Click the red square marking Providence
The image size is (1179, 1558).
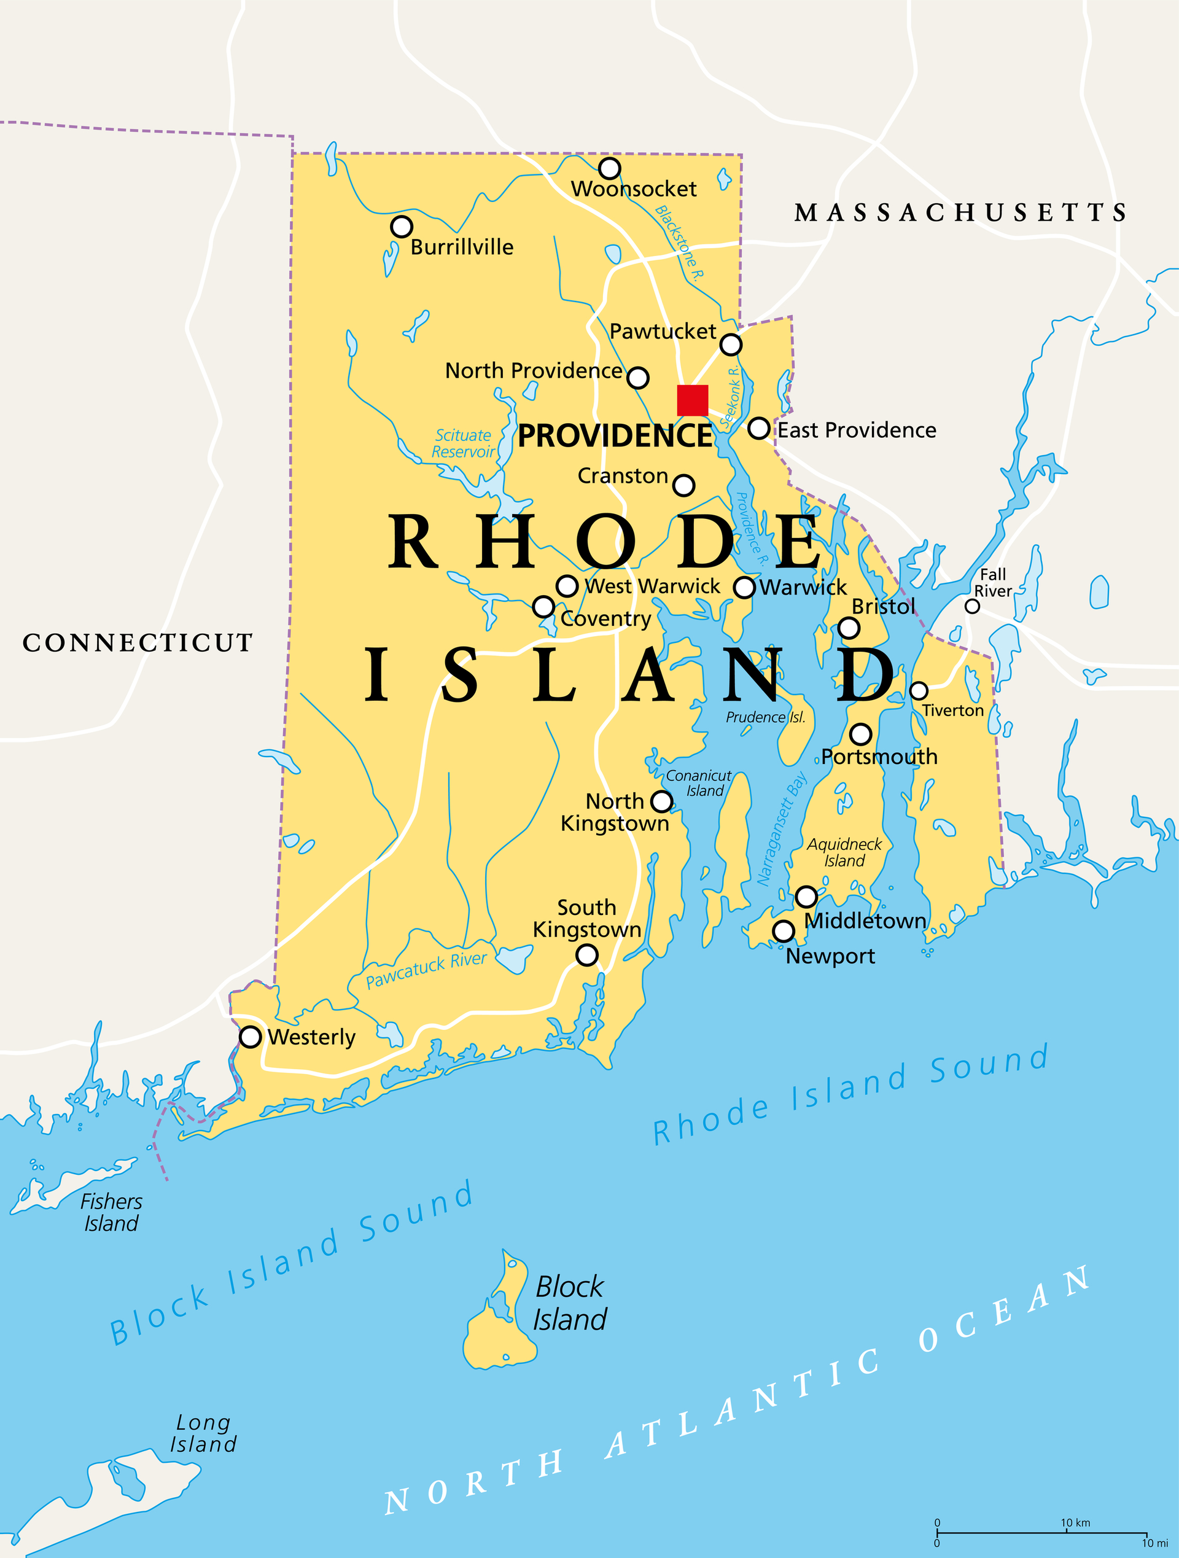click(x=692, y=400)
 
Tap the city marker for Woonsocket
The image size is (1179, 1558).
click(x=609, y=168)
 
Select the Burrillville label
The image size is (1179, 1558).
click(x=462, y=247)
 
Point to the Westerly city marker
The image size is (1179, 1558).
click(x=250, y=1037)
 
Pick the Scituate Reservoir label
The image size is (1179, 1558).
click(x=463, y=444)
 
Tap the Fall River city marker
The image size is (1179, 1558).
click(x=972, y=606)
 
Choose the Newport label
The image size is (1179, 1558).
click(x=830, y=957)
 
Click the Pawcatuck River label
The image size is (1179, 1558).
click(x=426, y=970)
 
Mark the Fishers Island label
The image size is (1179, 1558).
click(x=111, y=1212)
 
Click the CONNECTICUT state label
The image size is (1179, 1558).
click(x=138, y=642)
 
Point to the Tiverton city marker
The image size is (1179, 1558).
click(x=919, y=690)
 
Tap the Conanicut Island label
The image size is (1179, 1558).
click(x=699, y=783)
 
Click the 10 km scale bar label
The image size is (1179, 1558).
click(x=1075, y=1523)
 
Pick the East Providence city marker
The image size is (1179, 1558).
click(x=758, y=427)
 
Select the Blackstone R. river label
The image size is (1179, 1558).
click(x=680, y=244)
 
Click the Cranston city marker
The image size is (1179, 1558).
click(x=683, y=485)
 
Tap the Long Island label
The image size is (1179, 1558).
click(x=203, y=1433)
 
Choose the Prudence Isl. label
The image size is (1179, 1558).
click(x=766, y=717)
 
